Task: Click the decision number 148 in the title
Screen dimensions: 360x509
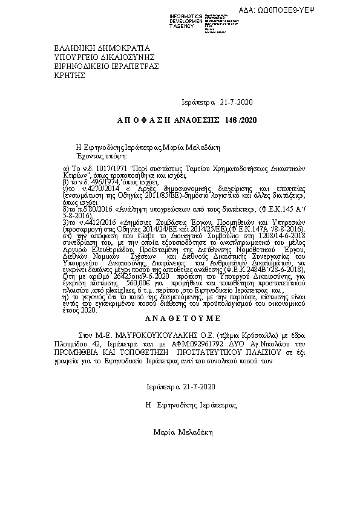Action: tap(232, 121)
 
